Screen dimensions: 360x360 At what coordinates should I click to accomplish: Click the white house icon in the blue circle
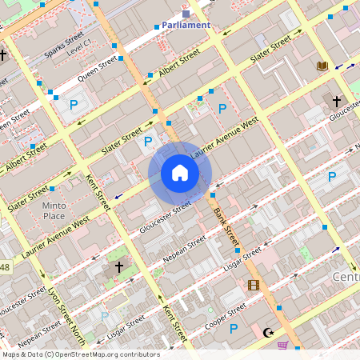tap(180, 174)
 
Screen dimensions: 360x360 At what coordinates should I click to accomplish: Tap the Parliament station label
tap(186, 25)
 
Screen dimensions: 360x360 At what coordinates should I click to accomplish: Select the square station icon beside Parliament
tap(186, 14)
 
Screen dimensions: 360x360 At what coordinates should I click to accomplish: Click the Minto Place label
tap(54, 210)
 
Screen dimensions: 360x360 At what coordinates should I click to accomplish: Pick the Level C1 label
tap(80, 50)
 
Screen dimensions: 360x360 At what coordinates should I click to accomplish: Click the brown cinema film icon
tap(254, 285)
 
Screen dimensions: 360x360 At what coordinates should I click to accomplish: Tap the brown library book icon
tap(323, 66)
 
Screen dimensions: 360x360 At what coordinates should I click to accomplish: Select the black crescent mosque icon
tap(268, 332)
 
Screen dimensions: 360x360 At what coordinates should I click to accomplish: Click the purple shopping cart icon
tap(282, 346)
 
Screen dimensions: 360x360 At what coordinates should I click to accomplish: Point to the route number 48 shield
tap(4, 266)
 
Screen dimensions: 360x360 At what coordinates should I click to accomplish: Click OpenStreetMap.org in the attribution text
tap(101, 354)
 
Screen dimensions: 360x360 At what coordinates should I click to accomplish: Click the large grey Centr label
tap(345, 276)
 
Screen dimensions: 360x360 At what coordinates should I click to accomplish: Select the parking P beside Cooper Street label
tap(234, 328)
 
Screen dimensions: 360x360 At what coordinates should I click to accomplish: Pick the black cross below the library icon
tap(337, 102)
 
